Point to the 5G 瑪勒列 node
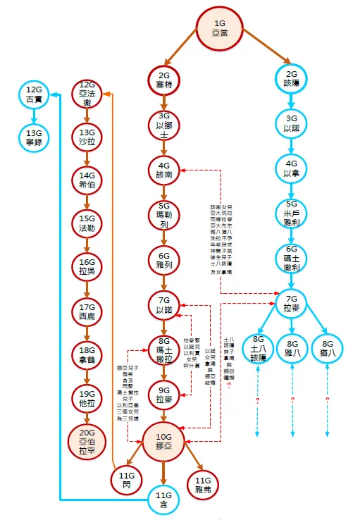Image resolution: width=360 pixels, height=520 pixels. point(163,216)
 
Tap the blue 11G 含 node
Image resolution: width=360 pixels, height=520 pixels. point(163,500)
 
